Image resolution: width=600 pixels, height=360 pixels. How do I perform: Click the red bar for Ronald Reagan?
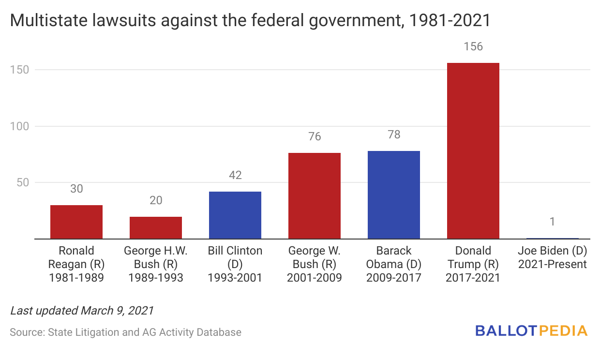pyautogui.click(x=76, y=222)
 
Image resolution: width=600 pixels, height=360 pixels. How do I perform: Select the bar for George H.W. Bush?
pyautogui.click(x=156, y=228)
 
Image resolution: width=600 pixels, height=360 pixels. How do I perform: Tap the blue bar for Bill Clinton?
pyautogui.click(x=235, y=215)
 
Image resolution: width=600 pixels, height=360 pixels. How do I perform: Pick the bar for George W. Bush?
pyautogui.click(x=315, y=196)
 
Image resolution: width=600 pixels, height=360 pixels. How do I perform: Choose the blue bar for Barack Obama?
pyautogui.click(x=394, y=195)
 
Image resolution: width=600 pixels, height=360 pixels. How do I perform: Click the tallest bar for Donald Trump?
pyautogui.click(x=473, y=151)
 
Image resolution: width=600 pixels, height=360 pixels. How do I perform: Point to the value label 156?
pyautogui.click(x=473, y=47)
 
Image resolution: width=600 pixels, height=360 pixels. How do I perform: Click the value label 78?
pyautogui.click(x=394, y=135)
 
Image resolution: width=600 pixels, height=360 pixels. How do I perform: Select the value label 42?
pyautogui.click(x=235, y=175)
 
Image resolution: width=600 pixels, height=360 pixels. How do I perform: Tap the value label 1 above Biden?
pyautogui.click(x=553, y=222)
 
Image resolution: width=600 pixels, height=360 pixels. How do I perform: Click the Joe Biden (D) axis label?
pyautogui.click(x=553, y=257)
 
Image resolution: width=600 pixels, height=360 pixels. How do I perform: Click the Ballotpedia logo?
pyautogui.click(x=531, y=331)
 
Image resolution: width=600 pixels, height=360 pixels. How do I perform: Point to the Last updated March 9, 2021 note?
pyautogui.click(x=82, y=311)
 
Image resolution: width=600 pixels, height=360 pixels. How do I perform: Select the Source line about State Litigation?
pyautogui.click(x=125, y=332)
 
